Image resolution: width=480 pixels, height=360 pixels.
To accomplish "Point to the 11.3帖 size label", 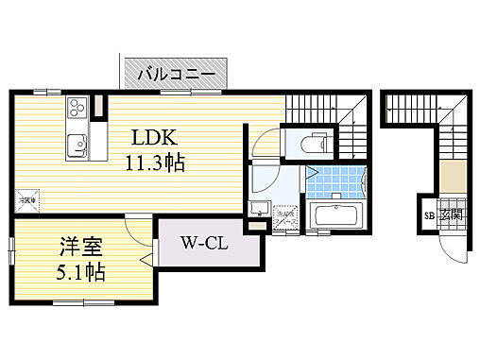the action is [154, 162].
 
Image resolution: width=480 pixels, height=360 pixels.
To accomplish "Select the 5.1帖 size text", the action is [77, 273].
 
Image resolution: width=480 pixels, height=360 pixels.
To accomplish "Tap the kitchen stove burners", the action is [76, 114].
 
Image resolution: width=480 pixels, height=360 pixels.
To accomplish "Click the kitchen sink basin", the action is [76, 146].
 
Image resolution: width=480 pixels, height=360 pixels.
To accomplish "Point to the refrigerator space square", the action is [27, 199].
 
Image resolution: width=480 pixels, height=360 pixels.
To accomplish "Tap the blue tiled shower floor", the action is [334, 180].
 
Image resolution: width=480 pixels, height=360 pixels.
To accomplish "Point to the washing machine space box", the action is [284, 217].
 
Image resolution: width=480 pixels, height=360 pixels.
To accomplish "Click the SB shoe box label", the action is [428, 214].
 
